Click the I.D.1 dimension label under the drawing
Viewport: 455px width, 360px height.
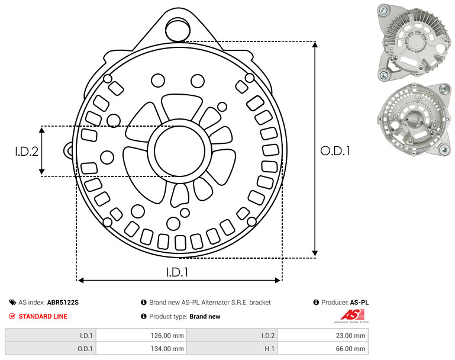pyautogui.click(x=178, y=272)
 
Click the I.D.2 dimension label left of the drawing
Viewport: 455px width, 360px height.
pyautogui.click(x=27, y=152)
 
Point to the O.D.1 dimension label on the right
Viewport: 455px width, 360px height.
pyautogui.click(x=335, y=151)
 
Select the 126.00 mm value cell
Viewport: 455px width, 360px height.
pyautogui.click(x=167, y=336)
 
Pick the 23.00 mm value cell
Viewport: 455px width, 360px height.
pyautogui.click(x=350, y=336)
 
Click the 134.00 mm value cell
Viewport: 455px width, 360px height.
pyautogui.click(x=167, y=349)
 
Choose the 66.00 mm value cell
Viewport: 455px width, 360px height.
pyautogui.click(x=350, y=349)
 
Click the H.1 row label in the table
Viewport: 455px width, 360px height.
pyautogui.click(x=270, y=349)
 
